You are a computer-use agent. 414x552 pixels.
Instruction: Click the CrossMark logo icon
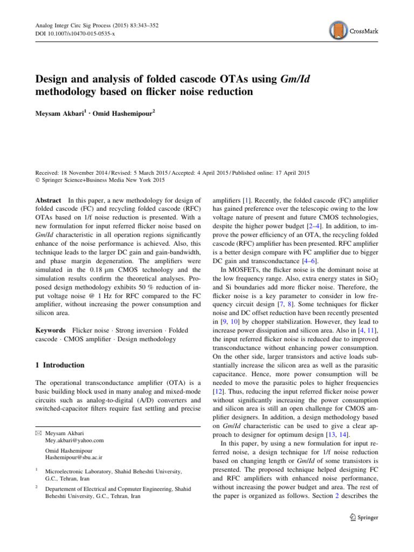[339, 31]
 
